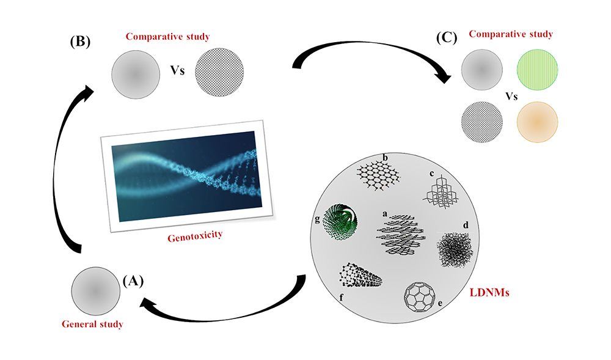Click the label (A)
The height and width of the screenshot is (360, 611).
pyautogui.click(x=134, y=281)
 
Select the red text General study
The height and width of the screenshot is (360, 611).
pyautogui.click(x=92, y=323)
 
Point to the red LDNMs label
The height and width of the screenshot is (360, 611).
pyautogui.click(x=491, y=293)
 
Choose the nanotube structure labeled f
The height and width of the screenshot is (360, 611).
pyautogui.click(x=360, y=276)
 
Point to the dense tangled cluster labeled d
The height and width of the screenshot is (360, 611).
pyautogui.click(x=455, y=247)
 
